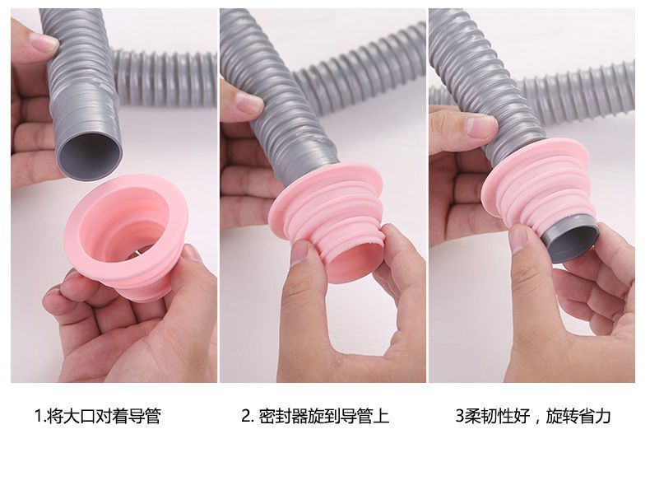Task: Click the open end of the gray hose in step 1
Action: [90, 154]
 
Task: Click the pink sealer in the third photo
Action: [539, 187]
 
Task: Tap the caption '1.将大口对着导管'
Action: [97, 416]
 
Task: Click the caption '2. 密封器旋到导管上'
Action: [315, 416]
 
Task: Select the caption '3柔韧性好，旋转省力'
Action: [533, 416]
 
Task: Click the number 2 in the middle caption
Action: [246, 417]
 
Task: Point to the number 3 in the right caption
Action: [459, 417]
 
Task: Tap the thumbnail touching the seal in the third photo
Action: [518, 239]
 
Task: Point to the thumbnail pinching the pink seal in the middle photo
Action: [300, 253]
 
